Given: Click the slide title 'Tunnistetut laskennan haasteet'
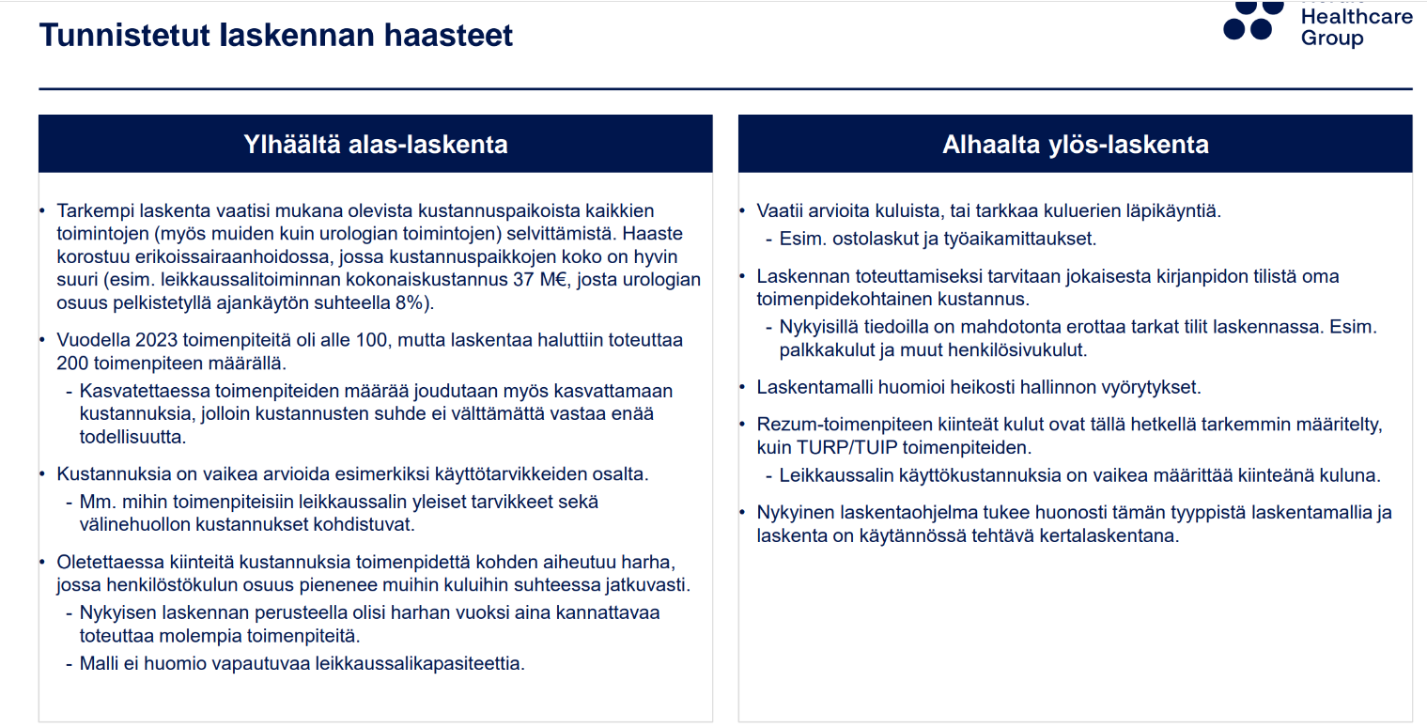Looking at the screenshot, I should pyautogui.click(x=275, y=36).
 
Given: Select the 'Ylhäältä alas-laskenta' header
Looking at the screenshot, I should pyautogui.click(x=375, y=145).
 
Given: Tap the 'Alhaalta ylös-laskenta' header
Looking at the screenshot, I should pyautogui.click(x=1075, y=145).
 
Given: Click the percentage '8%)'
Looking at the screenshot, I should pyautogui.click(x=414, y=303).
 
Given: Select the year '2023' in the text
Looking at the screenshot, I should pyautogui.click(x=156, y=340).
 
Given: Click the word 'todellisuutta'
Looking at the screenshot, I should pyautogui.click(x=132, y=437).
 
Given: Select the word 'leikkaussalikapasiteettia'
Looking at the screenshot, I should pyautogui.click(x=420, y=663).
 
